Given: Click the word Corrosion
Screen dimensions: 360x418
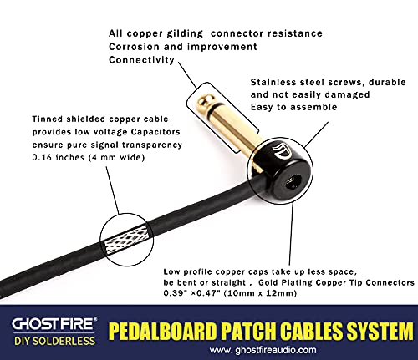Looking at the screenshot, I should (x=139, y=47).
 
